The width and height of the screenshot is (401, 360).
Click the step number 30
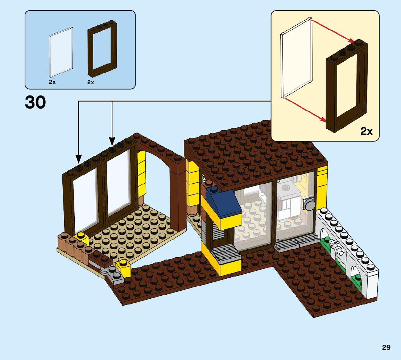[x=36, y=102]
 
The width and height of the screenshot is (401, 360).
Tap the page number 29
[x=386, y=347]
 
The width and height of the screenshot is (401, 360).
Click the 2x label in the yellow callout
[x=367, y=131]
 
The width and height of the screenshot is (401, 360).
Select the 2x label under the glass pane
[x=52, y=82]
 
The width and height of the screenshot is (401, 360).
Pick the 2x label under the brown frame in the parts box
[x=91, y=82]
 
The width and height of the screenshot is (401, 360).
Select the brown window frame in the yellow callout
[x=347, y=87]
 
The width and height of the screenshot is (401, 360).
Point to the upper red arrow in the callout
[x=334, y=31]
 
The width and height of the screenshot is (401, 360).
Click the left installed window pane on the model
[x=85, y=201]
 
